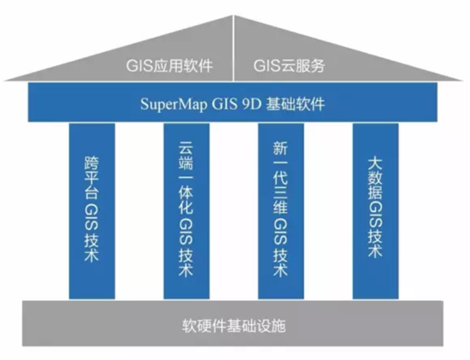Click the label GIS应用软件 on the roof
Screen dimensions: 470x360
click(x=169, y=66)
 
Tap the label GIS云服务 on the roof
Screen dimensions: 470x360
click(x=289, y=66)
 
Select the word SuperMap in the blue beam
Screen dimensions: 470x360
click(x=173, y=104)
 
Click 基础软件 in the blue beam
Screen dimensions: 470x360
click(x=296, y=104)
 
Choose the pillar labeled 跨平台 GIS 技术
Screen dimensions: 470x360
click(x=92, y=211)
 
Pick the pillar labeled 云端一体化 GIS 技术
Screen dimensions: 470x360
click(x=186, y=211)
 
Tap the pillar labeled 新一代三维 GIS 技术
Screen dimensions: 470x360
click(x=281, y=211)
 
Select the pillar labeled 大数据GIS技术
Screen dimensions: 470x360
click(x=376, y=211)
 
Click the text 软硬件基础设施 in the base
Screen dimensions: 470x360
click(x=234, y=326)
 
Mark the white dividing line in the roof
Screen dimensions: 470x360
click(x=233, y=48)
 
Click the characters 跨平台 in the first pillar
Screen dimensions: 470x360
click(x=91, y=178)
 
